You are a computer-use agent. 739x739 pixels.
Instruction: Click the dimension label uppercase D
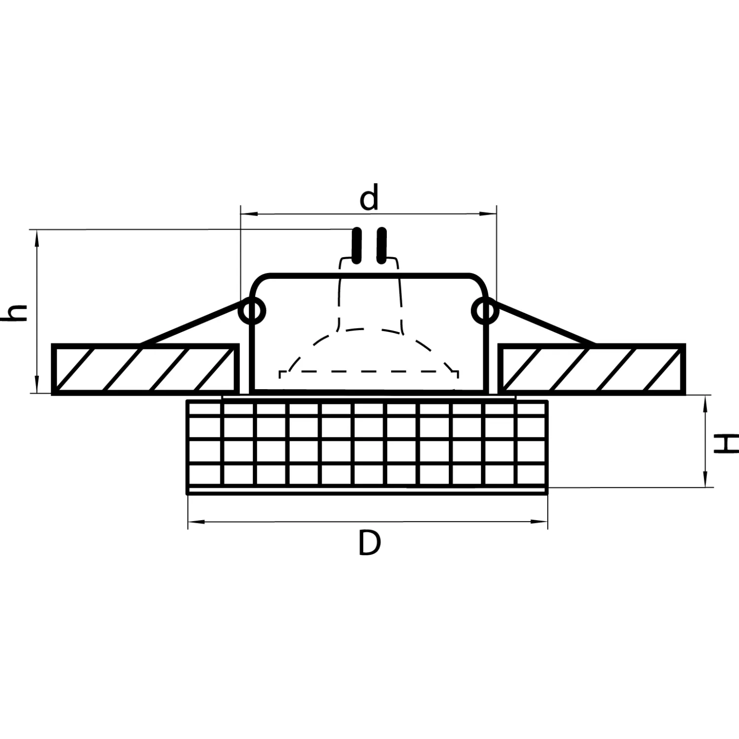click(x=369, y=543)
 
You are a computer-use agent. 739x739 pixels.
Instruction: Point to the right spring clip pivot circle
click(x=485, y=311)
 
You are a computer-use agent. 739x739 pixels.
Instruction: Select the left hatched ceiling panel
click(x=145, y=369)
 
